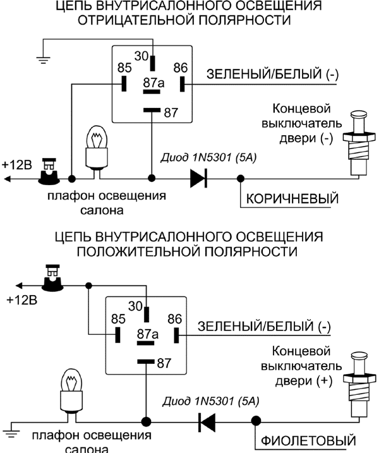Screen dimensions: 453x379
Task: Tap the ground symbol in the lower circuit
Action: point(11,433)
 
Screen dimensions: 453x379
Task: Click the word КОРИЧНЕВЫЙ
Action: point(292,198)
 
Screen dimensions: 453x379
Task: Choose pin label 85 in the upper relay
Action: point(124,66)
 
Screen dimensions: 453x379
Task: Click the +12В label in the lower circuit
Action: point(21,299)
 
